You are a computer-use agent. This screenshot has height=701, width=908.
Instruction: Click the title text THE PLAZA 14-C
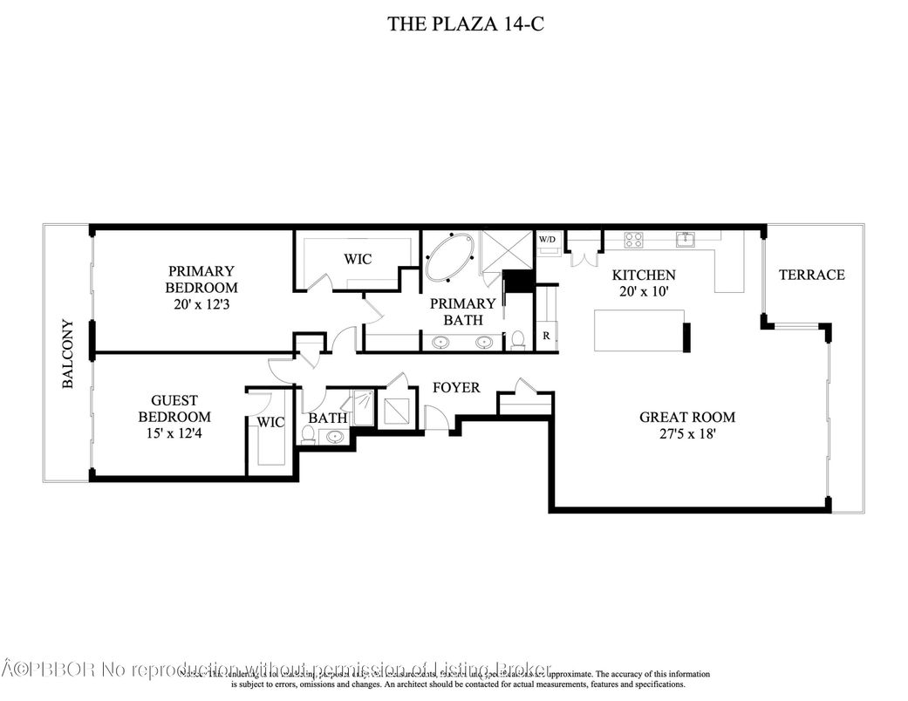point(467,24)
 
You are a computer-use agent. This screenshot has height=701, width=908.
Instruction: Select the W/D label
point(547,239)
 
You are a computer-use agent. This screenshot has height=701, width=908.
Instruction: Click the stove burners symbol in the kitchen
point(633,237)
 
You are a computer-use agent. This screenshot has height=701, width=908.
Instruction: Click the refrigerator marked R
point(546,336)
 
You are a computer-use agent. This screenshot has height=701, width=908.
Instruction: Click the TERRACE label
point(811,275)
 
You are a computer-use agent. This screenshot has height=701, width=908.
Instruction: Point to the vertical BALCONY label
point(68,353)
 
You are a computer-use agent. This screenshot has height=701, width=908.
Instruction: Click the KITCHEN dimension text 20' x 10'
point(643,292)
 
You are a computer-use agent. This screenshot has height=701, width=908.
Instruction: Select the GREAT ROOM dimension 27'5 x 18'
point(686,434)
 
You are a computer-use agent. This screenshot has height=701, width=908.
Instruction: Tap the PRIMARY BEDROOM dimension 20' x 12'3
point(201,304)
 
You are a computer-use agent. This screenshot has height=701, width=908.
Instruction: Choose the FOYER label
point(455,386)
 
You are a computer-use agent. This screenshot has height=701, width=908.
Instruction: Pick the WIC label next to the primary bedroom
point(358,259)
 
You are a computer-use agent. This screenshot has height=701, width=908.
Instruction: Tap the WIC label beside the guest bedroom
point(270,422)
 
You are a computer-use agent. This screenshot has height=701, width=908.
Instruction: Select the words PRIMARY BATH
point(462,311)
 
